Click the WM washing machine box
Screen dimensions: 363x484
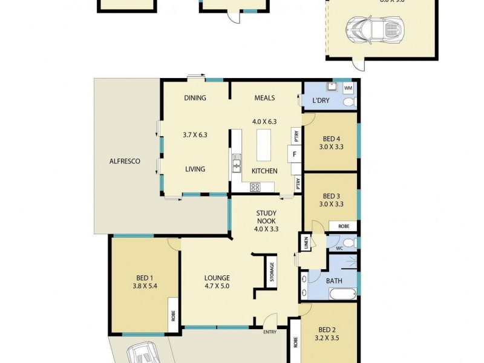tap(348, 88)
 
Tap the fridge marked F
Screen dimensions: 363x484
tap(295, 154)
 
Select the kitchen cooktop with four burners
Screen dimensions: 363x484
tap(255, 187)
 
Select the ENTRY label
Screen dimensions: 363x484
tap(270, 332)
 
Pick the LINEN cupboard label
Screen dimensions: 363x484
tap(307, 243)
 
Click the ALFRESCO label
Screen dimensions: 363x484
tap(125, 162)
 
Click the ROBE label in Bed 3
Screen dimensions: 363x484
tap(343, 226)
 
